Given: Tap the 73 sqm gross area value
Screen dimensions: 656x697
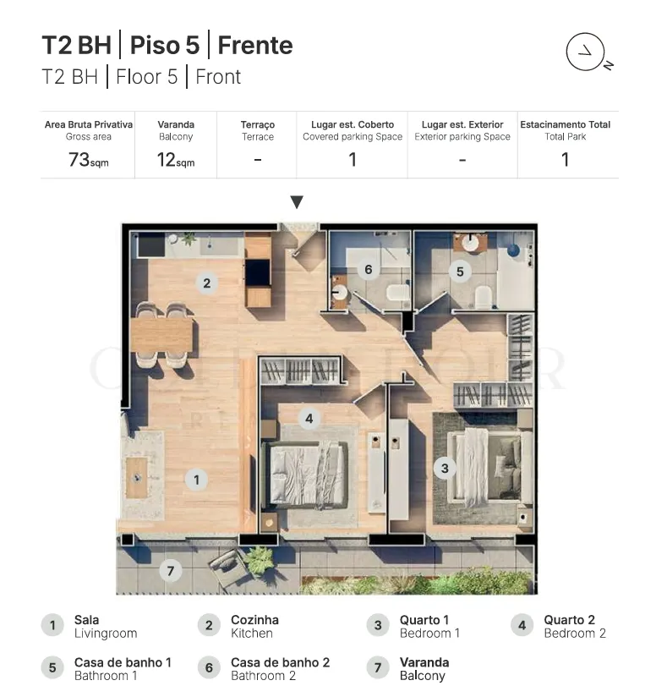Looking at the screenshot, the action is (89, 160).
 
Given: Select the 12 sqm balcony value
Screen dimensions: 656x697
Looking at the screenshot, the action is (176, 160).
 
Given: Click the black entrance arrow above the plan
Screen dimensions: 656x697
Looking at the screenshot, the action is (297, 202).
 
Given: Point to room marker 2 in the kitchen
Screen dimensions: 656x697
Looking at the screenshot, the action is (206, 283).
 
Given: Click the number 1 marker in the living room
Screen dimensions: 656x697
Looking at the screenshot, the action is (196, 480).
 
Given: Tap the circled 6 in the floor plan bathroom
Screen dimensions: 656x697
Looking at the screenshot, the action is (369, 269).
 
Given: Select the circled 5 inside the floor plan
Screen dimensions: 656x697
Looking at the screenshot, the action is (460, 272).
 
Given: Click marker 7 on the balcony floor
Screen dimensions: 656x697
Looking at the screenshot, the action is (171, 571).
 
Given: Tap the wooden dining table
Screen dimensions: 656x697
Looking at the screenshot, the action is (162, 334).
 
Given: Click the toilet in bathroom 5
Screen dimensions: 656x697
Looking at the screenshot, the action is (484, 297).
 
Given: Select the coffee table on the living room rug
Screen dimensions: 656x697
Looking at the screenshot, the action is (137, 478).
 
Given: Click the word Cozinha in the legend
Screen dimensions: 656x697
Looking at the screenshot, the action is (255, 620).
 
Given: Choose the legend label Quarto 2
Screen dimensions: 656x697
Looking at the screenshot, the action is (570, 620).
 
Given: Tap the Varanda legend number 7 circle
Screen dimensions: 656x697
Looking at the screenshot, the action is (378, 667).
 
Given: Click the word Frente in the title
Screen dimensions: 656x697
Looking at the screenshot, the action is (255, 46).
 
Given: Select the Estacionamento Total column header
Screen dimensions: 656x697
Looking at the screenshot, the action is (566, 124).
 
